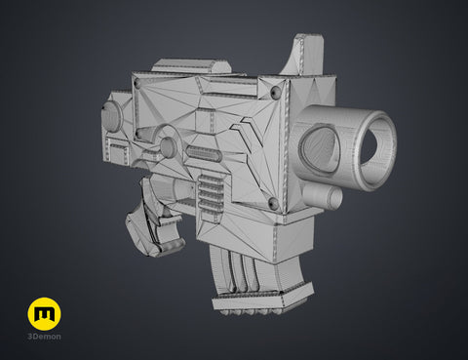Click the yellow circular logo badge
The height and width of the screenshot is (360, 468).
44,314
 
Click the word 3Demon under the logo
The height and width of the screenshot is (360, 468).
44,337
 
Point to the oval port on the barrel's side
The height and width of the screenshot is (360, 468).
319,147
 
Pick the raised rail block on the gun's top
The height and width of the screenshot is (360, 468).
192,66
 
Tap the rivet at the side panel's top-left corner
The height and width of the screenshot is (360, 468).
137,83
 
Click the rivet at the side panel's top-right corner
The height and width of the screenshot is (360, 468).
276,94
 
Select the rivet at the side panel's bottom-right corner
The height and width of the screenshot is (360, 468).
272,204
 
